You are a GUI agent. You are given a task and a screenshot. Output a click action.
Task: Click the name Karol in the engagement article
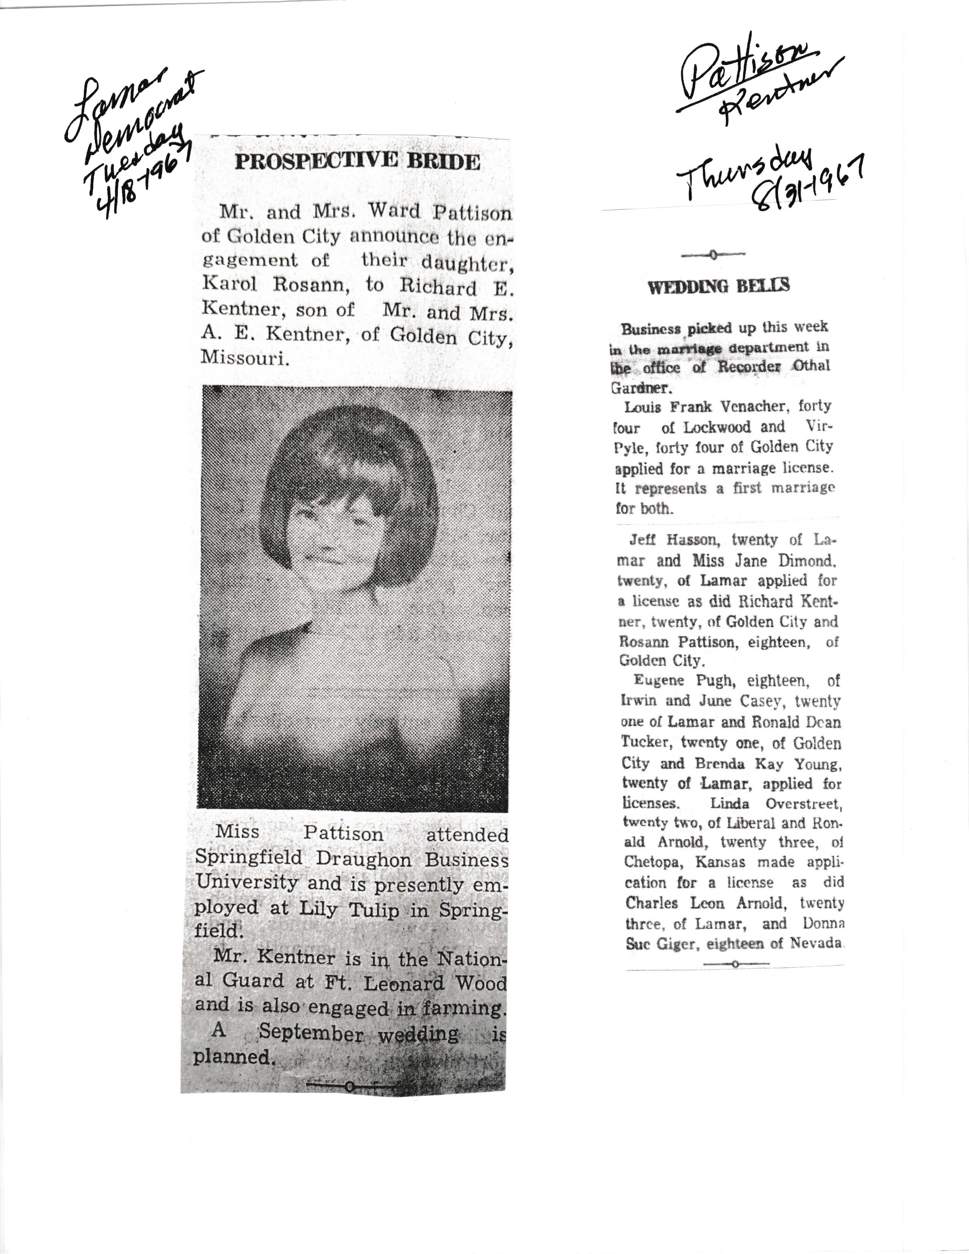click(228, 284)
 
